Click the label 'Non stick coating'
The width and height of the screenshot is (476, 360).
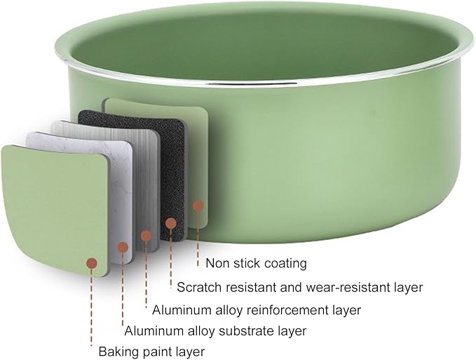[x=256, y=263]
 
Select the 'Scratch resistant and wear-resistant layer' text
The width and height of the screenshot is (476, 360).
[x=299, y=287]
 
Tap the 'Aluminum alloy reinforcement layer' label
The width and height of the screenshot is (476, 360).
[x=257, y=310]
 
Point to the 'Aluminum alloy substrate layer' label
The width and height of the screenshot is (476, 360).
[x=215, y=331]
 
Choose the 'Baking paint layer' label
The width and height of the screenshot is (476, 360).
[x=152, y=352]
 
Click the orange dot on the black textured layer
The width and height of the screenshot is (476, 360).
[x=171, y=223]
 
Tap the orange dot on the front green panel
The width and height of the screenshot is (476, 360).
[x=92, y=263]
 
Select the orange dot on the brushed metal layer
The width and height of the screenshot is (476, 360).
[x=146, y=236]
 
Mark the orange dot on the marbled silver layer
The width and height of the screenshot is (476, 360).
[x=123, y=247]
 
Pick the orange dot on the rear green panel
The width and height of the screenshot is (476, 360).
[x=198, y=206]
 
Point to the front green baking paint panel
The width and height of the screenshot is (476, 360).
[x=55, y=210]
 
